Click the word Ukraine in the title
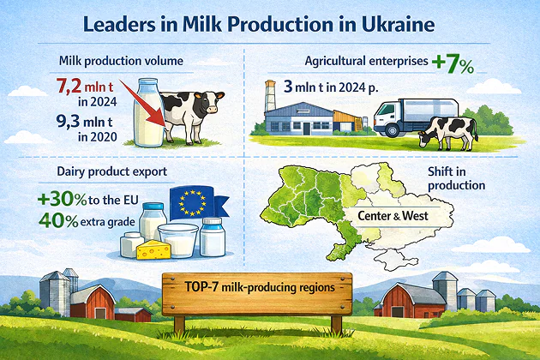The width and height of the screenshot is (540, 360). tap(398, 25)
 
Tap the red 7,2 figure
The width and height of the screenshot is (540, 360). tap(69, 86)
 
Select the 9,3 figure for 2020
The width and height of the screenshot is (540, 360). tap(69, 121)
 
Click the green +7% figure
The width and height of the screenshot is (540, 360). tap(453, 63)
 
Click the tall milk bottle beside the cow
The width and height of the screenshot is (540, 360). tap(149, 112)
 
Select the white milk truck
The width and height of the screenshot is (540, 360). tap(416, 117)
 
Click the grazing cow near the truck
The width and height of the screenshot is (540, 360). tap(447, 133)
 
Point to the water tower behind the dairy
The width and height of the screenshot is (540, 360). tap(270, 95)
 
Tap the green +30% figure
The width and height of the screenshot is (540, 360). tap(62, 200)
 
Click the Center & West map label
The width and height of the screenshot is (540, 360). tap(393, 216)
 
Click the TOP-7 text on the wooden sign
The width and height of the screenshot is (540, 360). tap(201, 286)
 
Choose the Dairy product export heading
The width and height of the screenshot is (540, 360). tap(112, 171)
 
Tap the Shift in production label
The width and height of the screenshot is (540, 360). tap(456, 178)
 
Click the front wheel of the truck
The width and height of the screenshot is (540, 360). tap(392, 130)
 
